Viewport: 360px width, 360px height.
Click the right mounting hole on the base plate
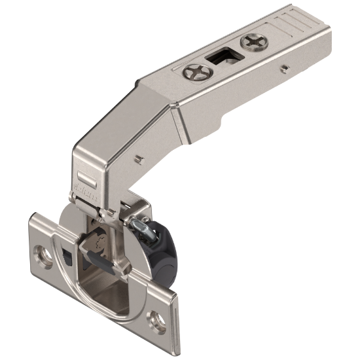pos(158,319)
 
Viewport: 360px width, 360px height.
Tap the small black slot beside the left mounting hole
pos(65,253)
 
